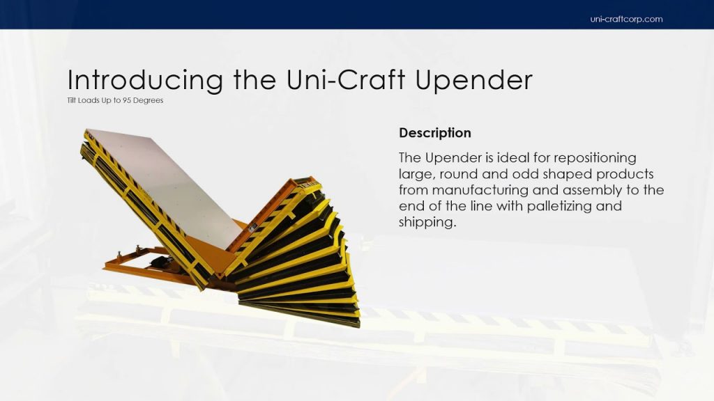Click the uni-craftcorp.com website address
626,19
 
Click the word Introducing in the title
145,80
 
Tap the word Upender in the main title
474,80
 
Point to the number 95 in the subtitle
127,100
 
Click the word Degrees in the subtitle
148,100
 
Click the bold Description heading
435,133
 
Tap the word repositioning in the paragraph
595,158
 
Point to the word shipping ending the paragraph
427,222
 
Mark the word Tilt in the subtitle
72,100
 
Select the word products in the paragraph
625,175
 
